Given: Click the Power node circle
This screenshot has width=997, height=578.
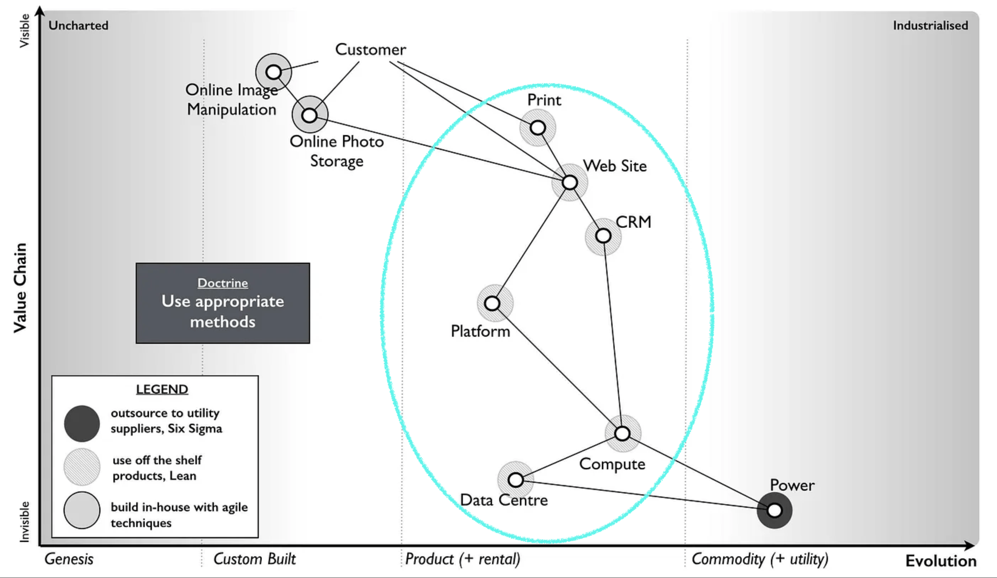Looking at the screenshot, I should pos(774,510).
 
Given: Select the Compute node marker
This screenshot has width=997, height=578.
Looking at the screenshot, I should pos(622,434).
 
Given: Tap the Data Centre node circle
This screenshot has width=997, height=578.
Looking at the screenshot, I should pos(516,480).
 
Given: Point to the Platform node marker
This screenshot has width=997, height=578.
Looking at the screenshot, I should pos(492,303).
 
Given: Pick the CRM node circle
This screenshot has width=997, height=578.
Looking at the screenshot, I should pos(603,236).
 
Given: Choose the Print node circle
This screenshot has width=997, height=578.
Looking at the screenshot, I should pos(538,128).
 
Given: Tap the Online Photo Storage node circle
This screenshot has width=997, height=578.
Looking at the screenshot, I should pos(310,115).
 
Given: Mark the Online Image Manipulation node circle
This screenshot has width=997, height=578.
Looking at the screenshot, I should pos(273,72).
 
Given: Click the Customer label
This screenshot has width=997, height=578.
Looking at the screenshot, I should pos(370,50).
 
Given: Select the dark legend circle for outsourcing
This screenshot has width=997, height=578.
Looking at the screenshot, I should pos(82,423).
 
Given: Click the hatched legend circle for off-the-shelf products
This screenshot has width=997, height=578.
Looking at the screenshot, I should pos(82,467).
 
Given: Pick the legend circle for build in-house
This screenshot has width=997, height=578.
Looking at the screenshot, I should pos(82,510).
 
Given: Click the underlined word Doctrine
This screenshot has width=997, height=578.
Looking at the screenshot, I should pos(223,283).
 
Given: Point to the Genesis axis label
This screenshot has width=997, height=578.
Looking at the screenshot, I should pos(69,559).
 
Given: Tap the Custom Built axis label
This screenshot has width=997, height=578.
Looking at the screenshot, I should pos(254,559).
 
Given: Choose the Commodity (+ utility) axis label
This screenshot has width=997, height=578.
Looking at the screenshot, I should pos(760,559).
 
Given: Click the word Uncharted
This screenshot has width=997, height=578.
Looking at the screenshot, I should pos(78,26).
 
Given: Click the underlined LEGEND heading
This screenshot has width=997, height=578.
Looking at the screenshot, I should pos(162,389).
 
